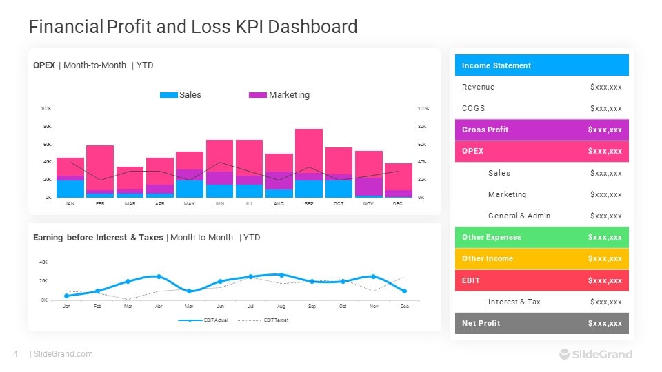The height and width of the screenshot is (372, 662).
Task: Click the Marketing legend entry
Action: pyautogui.click(x=279, y=95)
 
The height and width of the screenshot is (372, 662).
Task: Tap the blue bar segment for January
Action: pyautogui.click(x=70, y=189)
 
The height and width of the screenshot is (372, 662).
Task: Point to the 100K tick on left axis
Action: pyautogui.click(x=46, y=109)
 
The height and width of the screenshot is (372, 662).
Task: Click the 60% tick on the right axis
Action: pyautogui.click(x=423, y=145)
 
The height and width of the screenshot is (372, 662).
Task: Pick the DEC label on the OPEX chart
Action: pyautogui.click(x=398, y=204)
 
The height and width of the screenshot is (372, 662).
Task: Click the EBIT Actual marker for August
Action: pyautogui.click(x=281, y=275)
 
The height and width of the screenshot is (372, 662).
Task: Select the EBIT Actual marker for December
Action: pyautogui.click(x=404, y=291)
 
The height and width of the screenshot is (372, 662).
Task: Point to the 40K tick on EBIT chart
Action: pyautogui.click(x=43, y=262)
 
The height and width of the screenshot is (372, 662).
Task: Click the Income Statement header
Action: pyautogui.click(x=496, y=65)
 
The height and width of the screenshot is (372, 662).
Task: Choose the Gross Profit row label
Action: pyautogui.click(x=485, y=130)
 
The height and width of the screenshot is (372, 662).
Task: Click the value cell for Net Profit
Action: pyautogui.click(x=605, y=323)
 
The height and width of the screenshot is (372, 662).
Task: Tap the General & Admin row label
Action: pyautogui.click(x=519, y=216)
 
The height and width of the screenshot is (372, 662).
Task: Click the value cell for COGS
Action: pyautogui.click(x=606, y=108)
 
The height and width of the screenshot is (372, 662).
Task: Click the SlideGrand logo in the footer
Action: pyautogui.click(x=595, y=354)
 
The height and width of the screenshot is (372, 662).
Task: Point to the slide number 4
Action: pyautogui.click(x=15, y=354)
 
